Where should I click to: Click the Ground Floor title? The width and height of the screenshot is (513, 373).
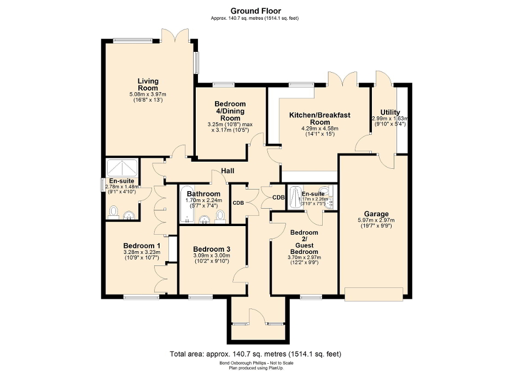(256, 10)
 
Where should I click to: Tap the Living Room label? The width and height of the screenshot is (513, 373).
(148, 85)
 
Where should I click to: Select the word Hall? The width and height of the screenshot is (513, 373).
(228, 171)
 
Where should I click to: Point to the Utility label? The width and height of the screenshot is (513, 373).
(390, 113)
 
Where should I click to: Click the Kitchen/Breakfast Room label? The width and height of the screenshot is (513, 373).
(319, 119)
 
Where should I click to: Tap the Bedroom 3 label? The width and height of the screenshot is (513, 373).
(211, 249)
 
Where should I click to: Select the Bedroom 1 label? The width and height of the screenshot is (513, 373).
(142, 246)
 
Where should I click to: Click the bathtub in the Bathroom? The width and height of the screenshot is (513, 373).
(185, 208)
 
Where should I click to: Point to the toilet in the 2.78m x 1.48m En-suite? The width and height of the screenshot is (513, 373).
(114, 211)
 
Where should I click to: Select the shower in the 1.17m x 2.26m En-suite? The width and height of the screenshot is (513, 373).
(295, 197)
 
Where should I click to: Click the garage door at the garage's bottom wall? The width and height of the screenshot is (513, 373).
(375, 293)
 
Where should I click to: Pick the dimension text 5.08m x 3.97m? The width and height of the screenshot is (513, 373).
(148, 94)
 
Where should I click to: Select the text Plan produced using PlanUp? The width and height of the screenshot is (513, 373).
(256, 368)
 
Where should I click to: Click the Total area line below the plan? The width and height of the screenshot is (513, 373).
(256, 354)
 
